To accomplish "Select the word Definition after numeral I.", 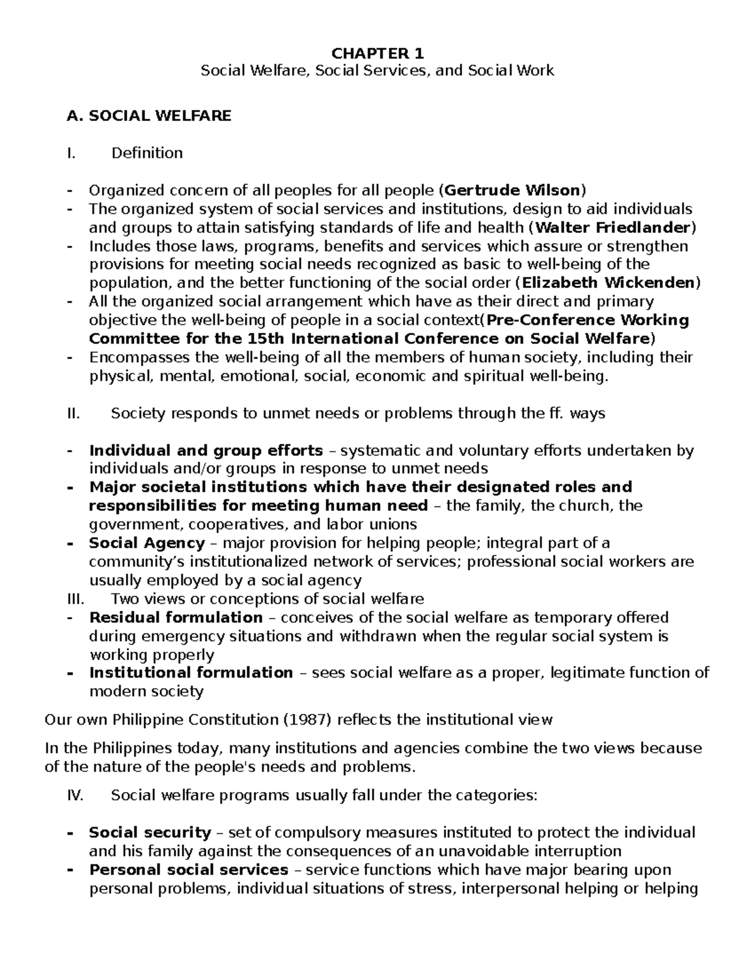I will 147,153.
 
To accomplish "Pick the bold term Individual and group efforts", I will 206,450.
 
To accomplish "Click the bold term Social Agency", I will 147,543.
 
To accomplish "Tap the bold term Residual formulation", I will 176,617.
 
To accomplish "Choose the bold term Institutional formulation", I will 191,673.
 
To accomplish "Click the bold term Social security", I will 150,833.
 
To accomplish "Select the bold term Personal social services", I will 188,870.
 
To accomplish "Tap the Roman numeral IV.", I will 75,796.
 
